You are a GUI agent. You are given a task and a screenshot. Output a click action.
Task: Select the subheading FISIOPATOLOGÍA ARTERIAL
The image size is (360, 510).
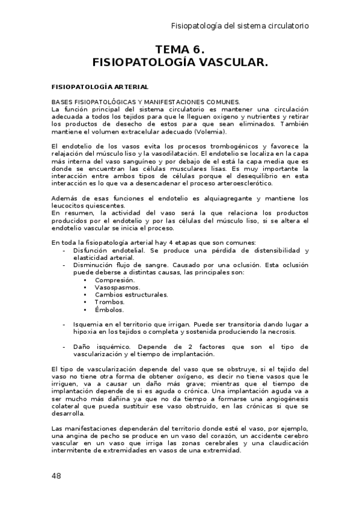tap(100, 87)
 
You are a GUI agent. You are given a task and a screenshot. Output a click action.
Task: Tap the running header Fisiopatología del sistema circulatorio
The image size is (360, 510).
tap(240, 26)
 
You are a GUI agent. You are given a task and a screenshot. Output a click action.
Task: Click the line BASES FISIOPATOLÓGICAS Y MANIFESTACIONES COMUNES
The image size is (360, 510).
tap(145, 102)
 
